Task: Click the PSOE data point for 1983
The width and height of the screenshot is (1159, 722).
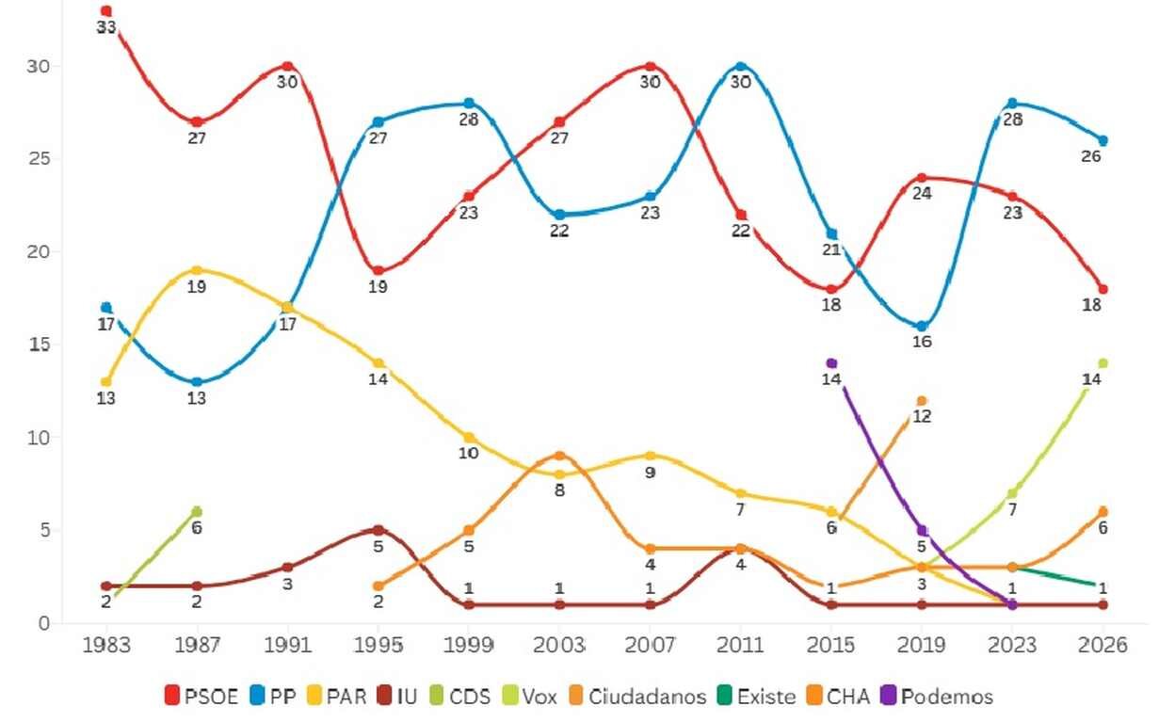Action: tap(106, 11)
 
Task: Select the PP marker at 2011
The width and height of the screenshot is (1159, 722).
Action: tap(741, 67)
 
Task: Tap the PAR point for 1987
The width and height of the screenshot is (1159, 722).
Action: tap(197, 270)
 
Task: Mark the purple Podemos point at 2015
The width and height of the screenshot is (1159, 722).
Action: tap(831, 363)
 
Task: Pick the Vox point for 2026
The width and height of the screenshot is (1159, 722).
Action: tap(1103, 363)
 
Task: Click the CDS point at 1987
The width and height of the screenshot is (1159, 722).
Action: tap(197, 511)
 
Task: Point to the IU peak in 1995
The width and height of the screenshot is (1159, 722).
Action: tap(378, 530)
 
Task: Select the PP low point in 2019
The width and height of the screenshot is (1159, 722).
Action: tap(922, 327)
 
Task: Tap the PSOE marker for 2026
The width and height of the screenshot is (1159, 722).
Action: tap(1103, 289)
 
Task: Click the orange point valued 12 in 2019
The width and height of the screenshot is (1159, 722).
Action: tap(922, 401)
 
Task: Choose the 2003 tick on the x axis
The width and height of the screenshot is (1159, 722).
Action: tap(559, 646)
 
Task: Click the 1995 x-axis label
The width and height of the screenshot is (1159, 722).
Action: tap(378, 646)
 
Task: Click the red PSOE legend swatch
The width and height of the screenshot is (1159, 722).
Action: tap(172, 697)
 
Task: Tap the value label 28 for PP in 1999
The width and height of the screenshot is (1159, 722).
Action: tap(469, 120)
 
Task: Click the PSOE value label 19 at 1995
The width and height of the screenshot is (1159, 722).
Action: tap(378, 287)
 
